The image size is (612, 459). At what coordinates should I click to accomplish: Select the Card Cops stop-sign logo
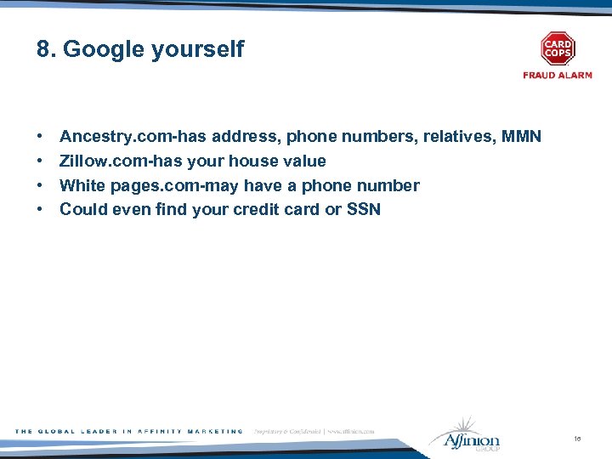[558, 48]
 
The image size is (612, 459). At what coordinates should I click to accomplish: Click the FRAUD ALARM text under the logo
[558, 76]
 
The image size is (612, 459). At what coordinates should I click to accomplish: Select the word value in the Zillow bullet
[303, 161]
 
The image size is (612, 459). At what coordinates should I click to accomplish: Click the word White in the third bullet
[82, 185]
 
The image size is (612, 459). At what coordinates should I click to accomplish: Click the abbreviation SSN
[364, 209]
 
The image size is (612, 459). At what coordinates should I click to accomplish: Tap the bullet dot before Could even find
[41, 210]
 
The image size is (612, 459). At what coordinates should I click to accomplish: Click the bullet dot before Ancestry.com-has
[41, 137]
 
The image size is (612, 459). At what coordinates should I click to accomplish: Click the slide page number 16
[577, 439]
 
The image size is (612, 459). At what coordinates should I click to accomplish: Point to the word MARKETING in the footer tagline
[212, 432]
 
